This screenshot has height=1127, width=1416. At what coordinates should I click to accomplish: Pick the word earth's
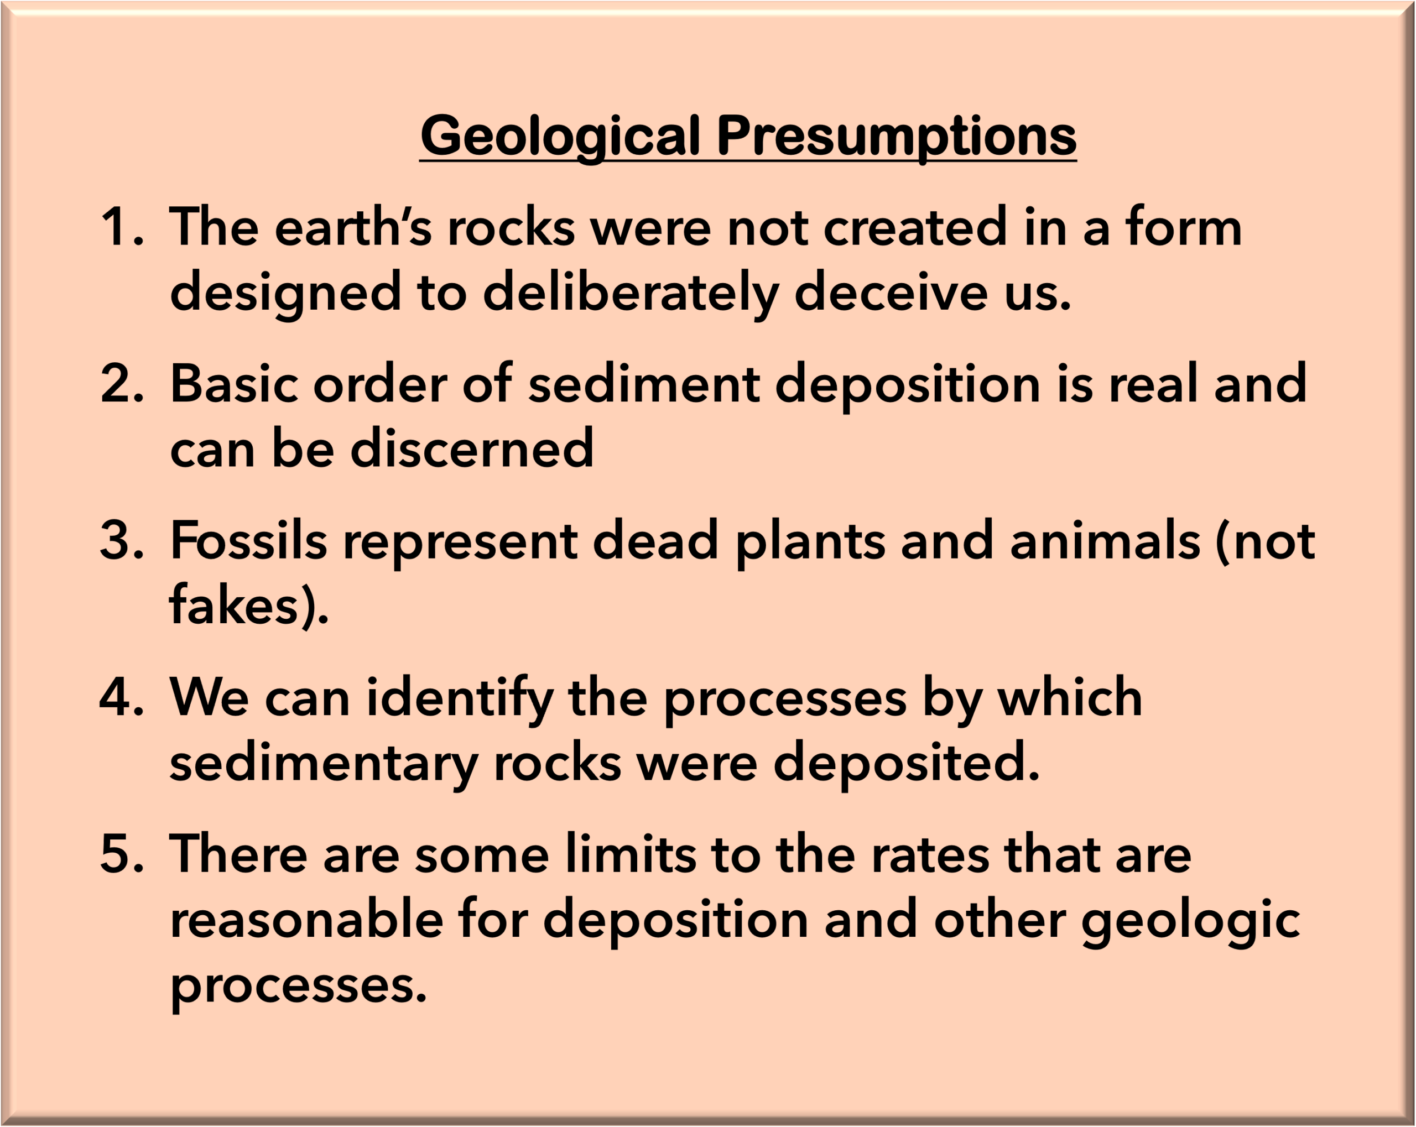pos(353,226)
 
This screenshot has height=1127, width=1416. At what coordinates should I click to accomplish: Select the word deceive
pos(891,291)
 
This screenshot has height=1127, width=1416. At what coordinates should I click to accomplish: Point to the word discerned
pos(472,448)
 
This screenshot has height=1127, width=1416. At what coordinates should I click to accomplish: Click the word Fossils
pos(249,539)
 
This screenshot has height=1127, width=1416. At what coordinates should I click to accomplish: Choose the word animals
pos(1105,540)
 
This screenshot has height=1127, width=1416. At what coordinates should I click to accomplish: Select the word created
pos(915,227)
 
